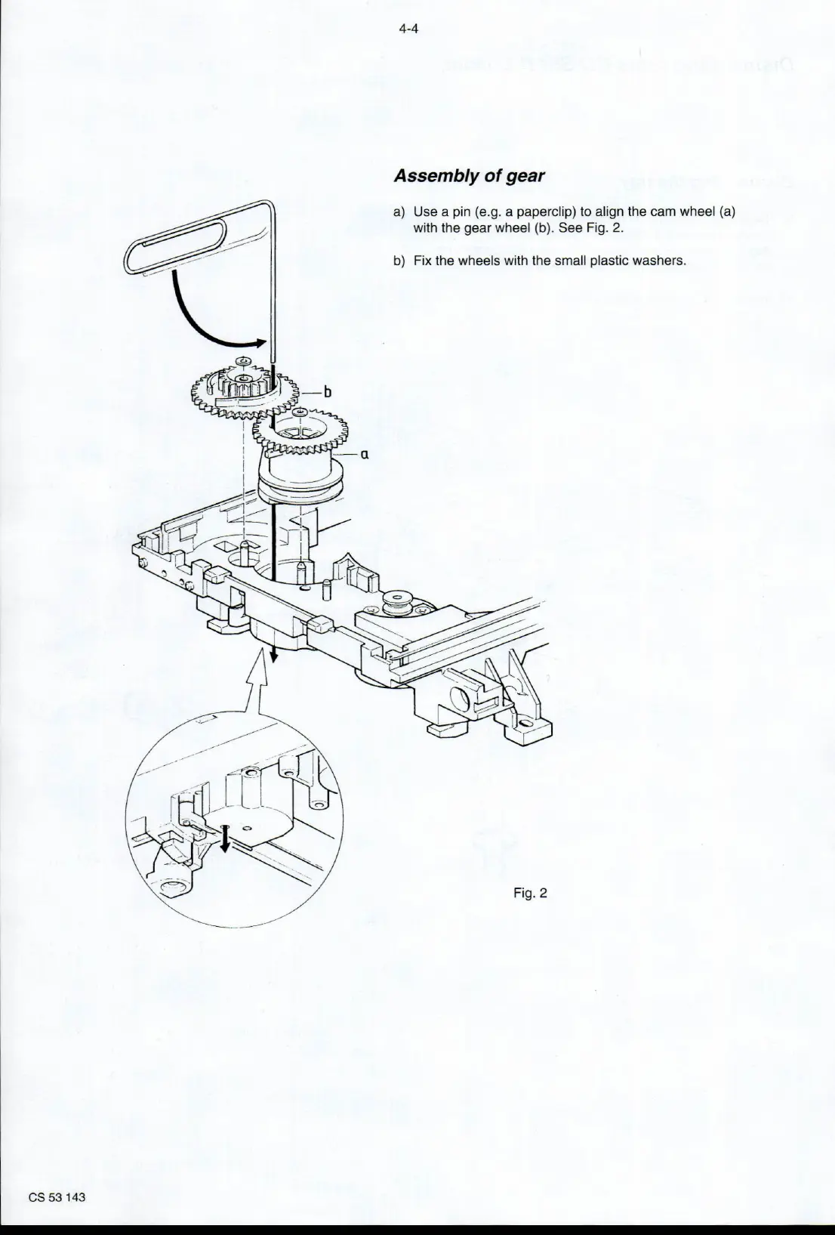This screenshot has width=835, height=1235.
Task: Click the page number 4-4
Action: [408, 29]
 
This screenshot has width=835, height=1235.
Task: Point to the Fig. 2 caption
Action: [529, 894]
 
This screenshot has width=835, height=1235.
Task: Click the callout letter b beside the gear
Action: [327, 391]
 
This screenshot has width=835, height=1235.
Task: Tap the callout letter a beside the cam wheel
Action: [364, 455]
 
